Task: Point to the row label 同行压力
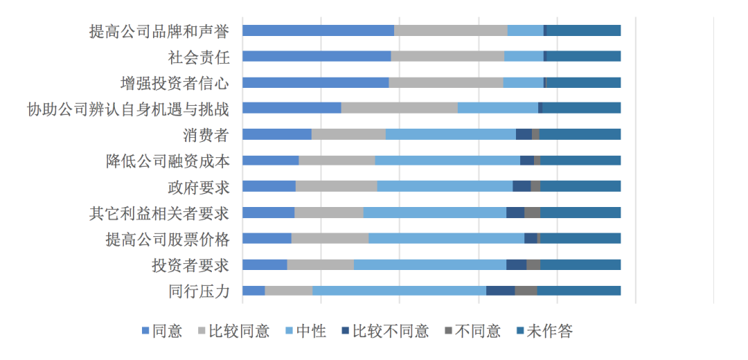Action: click(x=198, y=291)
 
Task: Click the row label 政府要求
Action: click(x=198, y=187)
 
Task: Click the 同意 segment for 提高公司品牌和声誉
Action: click(x=318, y=30)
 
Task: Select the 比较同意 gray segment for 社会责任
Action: click(x=447, y=57)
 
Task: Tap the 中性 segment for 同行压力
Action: click(x=399, y=291)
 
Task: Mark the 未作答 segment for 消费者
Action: click(x=580, y=135)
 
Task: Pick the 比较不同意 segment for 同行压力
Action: click(x=500, y=291)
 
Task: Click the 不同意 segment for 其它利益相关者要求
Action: click(x=532, y=213)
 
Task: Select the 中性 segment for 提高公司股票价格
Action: click(x=446, y=239)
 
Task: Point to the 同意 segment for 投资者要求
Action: click(x=265, y=265)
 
